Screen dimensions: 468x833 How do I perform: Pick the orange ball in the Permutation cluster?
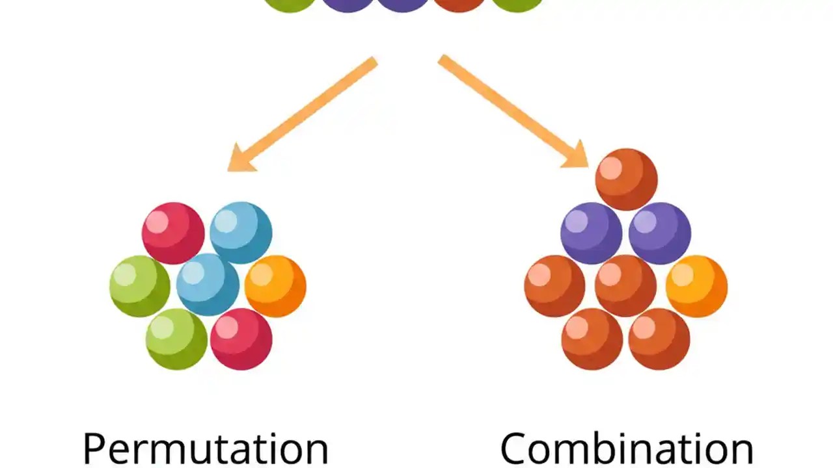(x=275, y=286)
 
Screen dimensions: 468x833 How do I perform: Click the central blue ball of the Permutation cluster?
(x=208, y=285)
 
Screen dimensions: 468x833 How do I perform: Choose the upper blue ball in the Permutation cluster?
(x=241, y=233)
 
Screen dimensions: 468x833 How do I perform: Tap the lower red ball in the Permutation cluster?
(x=241, y=339)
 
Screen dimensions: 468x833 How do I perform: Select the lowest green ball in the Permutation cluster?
(x=176, y=339)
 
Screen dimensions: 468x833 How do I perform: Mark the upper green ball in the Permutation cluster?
(x=140, y=286)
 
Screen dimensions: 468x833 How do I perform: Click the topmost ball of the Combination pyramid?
(x=626, y=179)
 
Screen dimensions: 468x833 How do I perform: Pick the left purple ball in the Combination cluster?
(x=592, y=233)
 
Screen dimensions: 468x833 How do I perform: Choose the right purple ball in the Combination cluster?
(x=660, y=233)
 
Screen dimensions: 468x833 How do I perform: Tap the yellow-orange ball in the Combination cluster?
(x=696, y=286)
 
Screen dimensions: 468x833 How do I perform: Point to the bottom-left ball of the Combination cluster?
(x=592, y=339)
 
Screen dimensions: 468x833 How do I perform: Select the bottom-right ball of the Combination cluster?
(x=659, y=339)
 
